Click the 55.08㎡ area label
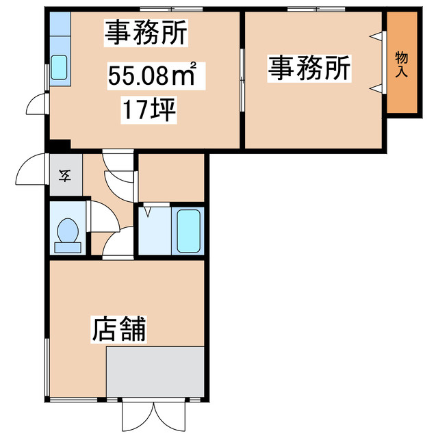pyautogui.click(x=152, y=75)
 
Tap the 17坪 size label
pyautogui.click(x=149, y=109)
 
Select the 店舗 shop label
pyautogui.click(x=118, y=329)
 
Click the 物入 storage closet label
pyautogui.click(x=402, y=64)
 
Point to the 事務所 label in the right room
pyautogui.click(x=309, y=68)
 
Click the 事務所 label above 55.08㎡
pyautogui.click(x=146, y=33)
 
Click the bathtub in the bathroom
pyautogui.click(x=189, y=231)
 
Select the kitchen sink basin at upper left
pyautogui.click(x=59, y=67)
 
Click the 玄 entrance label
pyautogui.click(x=64, y=175)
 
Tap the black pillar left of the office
pyautogui.click(x=60, y=146)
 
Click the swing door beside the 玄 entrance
pyautogui.click(x=31, y=169)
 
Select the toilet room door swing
pyautogui.click(x=104, y=216)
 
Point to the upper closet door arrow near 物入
pyautogui.click(x=376, y=36)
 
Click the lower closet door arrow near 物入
pyautogui.click(x=376, y=88)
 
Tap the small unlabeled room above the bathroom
pyautogui.click(x=171, y=177)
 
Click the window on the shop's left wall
pyautogui.click(x=47, y=367)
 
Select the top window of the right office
pyautogui.click(x=316, y=10)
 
